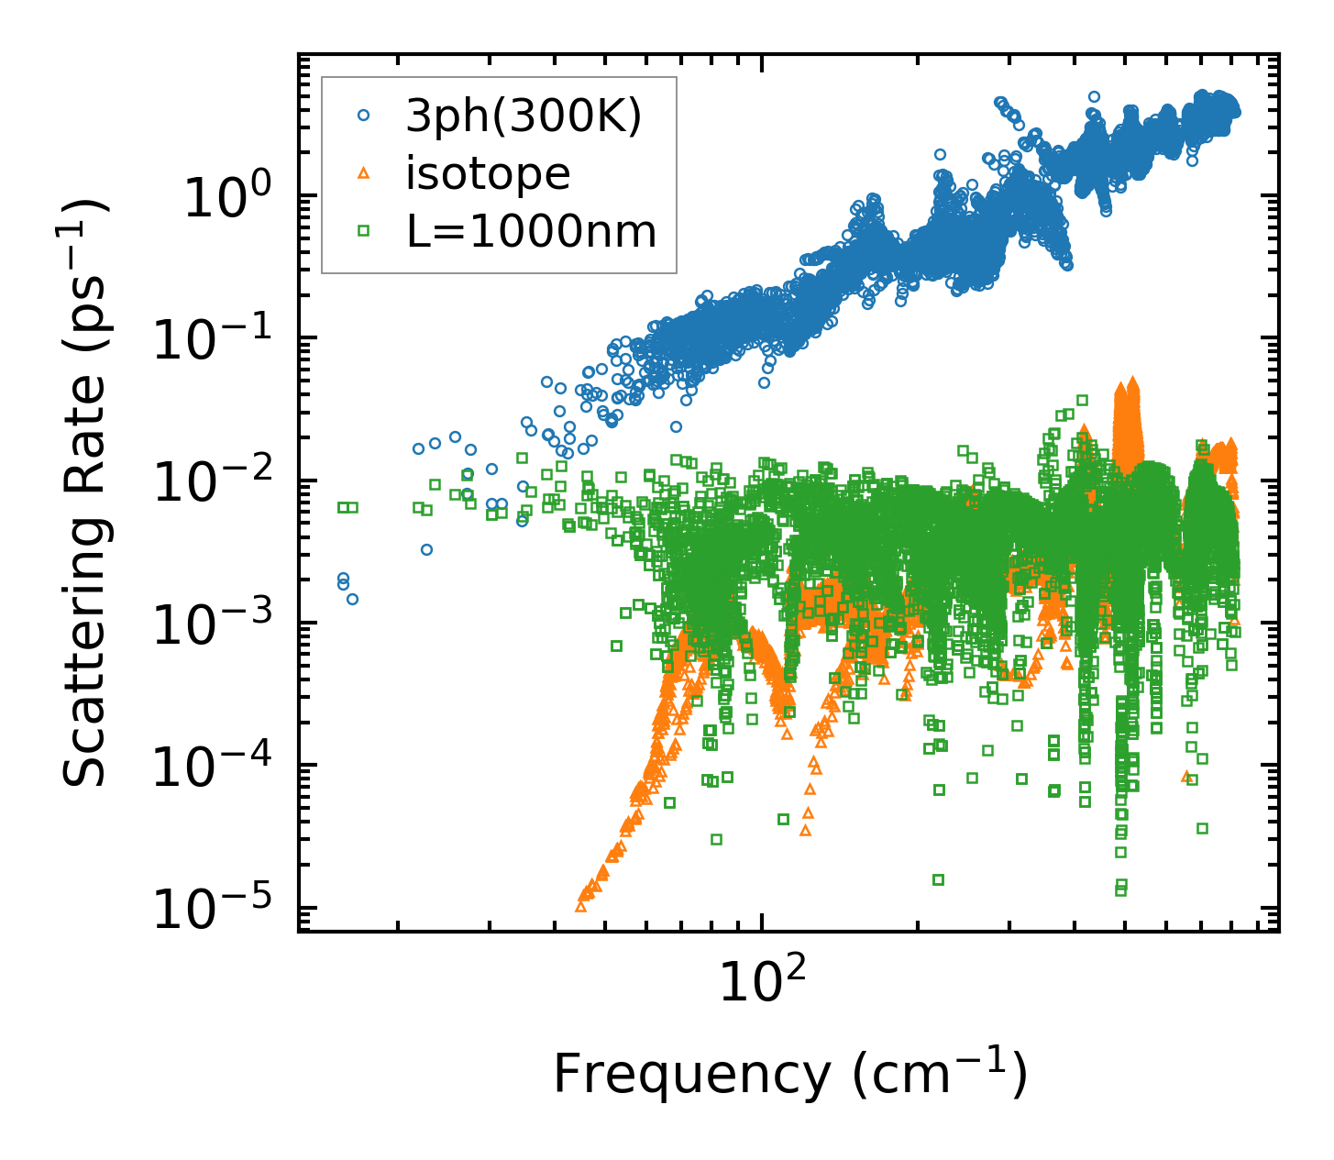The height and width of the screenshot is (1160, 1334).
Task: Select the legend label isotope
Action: click(488, 173)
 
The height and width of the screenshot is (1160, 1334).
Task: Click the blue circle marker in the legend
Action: click(364, 116)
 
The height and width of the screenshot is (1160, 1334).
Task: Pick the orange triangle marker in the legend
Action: click(364, 172)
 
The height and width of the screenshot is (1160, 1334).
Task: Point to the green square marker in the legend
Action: click(364, 231)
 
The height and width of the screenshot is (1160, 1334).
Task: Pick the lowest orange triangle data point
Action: click(580, 906)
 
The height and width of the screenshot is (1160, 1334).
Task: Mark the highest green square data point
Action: click(1082, 400)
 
